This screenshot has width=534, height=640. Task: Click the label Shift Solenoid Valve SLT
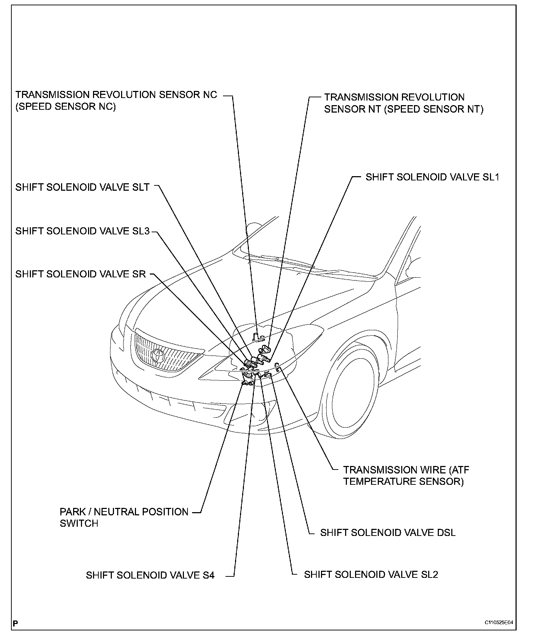82,187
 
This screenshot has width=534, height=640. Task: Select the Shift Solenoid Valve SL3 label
82,231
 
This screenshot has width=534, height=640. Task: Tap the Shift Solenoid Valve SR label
81,274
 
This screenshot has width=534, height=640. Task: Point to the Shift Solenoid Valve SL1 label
432,177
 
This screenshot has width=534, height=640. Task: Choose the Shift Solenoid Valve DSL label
388,532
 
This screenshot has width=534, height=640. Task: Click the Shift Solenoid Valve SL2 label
371,575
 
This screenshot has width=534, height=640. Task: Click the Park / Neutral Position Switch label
124,517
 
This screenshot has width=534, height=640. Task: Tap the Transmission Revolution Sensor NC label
116,101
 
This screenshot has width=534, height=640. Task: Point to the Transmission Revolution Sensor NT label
403,103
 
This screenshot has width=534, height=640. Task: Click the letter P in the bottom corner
15,624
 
